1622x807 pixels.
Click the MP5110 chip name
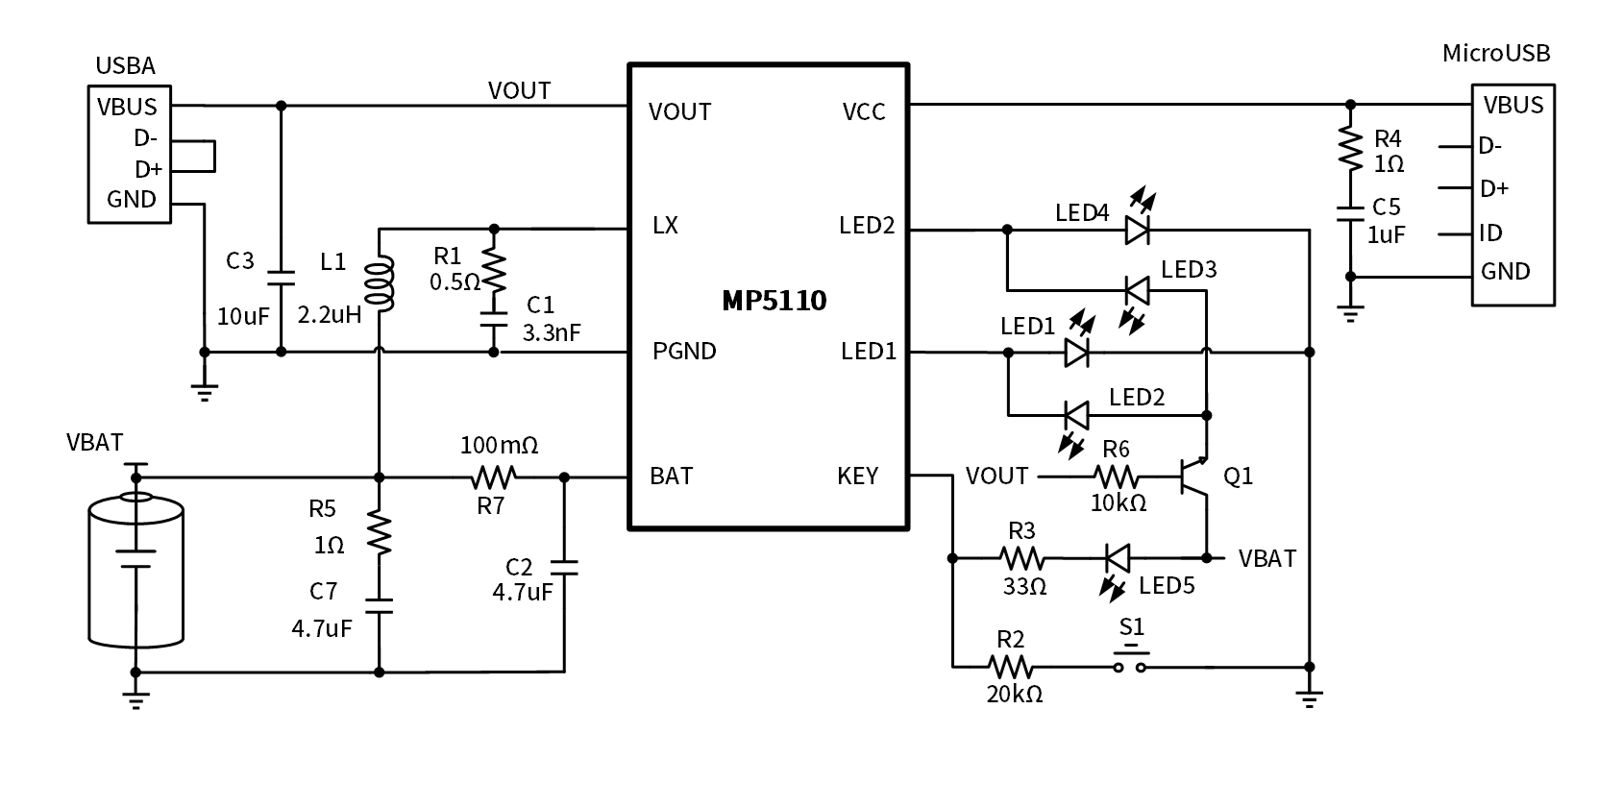tap(774, 301)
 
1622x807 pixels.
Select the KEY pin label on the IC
tap(857, 476)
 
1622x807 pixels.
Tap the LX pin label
tap(665, 225)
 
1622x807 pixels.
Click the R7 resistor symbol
tap(493, 476)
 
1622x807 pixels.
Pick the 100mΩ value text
tap(499, 445)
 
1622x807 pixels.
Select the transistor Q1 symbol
tap(1197, 477)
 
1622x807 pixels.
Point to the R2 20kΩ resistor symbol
tap(1009, 666)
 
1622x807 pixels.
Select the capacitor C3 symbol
tap(281, 278)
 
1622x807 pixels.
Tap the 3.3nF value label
tap(552, 332)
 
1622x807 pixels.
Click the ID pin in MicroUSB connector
tap(1490, 232)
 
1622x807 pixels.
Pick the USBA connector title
tap(125, 65)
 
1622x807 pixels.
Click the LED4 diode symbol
tap(1137, 230)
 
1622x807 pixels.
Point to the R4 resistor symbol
tap(1350, 150)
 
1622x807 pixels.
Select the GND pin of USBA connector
tap(132, 199)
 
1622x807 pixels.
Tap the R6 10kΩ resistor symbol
tap(1117, 476)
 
